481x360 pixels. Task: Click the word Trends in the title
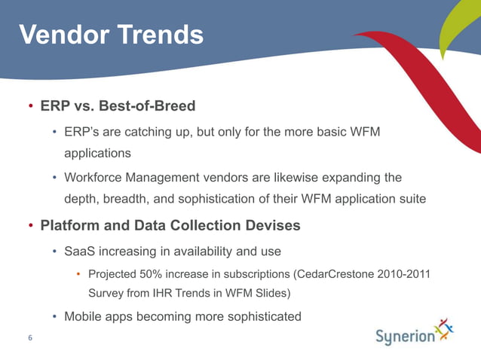[x=160, y=34]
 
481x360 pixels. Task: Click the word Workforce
[x=94, y=178]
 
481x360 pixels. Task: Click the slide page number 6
[x=30, y=337]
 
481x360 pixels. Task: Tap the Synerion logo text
[x=405, y=337]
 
